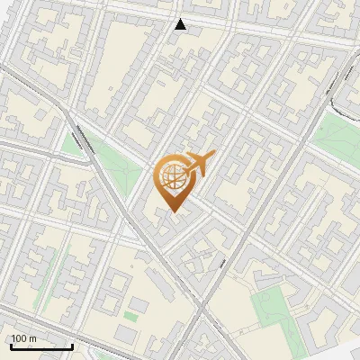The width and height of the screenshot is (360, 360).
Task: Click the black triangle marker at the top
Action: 181,24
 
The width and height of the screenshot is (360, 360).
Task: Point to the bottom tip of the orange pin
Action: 172,213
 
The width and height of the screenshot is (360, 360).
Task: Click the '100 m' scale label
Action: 23,338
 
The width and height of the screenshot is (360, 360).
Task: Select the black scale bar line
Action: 41,346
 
